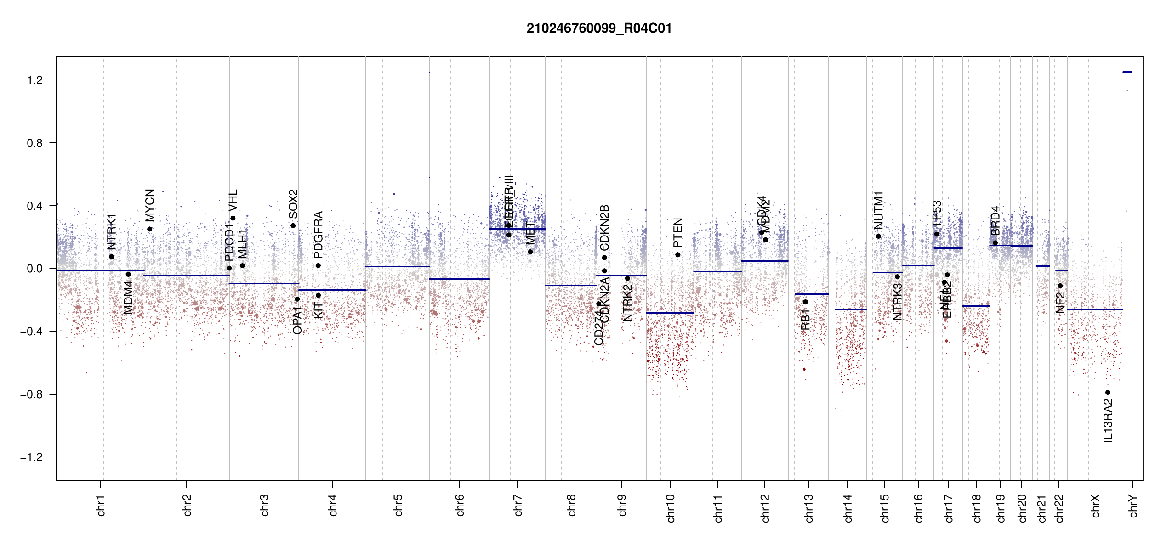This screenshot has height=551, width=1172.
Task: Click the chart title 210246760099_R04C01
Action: [x=599, y=28]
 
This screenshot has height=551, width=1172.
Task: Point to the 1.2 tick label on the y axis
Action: [x=35, y=80]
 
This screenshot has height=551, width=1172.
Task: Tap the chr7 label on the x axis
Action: [x=518, y=505]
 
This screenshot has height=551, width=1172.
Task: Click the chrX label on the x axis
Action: [x=1096, y=506]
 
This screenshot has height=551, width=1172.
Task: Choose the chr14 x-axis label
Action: [x=848, y=508]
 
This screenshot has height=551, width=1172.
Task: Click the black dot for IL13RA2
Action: [x=1108, y=393]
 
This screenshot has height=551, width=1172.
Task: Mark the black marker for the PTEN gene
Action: [x=677, y=255]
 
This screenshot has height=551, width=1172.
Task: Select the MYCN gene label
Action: [x=150, y=205]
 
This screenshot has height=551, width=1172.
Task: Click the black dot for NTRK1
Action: [x=112, y=257]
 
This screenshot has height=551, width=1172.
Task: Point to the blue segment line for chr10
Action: [x=670, y=313]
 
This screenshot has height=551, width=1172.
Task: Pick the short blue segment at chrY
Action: [x=1127, y=72]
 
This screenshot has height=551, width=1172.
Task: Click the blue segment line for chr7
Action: [x=517, y=229]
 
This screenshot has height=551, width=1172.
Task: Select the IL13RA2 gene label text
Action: [x=1108, y=421]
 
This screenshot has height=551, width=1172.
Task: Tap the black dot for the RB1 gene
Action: [x=805, y=302]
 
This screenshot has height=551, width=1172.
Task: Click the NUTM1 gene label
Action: [x=879, y=210]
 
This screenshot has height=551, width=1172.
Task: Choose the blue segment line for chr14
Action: [x=850, y=309]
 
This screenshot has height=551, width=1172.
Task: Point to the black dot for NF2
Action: [x=1060, y=286]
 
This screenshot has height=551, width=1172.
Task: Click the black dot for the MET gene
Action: [x=530, y=252]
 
